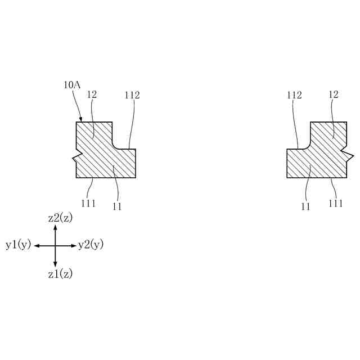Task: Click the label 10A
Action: coord(72,85)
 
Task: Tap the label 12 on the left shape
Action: coord(92,95)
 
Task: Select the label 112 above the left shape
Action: coord(132,95)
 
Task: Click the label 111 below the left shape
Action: coord(88,203)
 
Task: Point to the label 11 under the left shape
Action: coord(117,206)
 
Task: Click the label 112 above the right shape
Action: coord(294,95)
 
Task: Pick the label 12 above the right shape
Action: coord(334,95)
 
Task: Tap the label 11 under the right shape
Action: coord(305,206)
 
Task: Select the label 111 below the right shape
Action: coord(335,203)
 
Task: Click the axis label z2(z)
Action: coord(60,218)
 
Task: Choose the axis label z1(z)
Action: coord(60,274)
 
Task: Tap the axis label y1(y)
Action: coord(19,245)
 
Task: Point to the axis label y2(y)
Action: coord(91,245)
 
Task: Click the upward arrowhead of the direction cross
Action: coord(55,228)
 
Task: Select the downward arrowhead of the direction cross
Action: coord(55,264)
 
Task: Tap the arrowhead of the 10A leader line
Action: coord(81,120)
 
